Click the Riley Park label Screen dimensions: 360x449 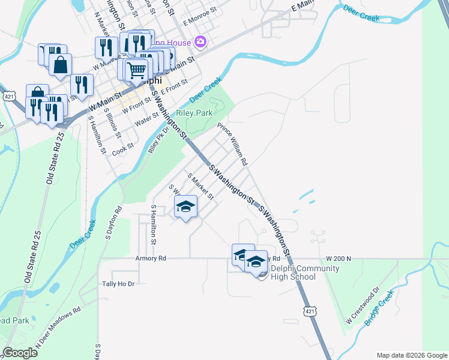pos(195,113)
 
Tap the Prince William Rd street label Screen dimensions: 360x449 pos(232,145)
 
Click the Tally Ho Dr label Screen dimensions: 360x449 pos(118,283)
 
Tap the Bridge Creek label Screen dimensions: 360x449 pos(379,308)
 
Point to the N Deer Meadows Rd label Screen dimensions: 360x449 pos(58,329)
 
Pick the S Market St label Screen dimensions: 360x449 pos(200,187)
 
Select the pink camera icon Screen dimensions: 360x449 pos(200,42)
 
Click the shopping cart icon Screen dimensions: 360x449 pos(137,70)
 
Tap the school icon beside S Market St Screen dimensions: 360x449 pos(186,207)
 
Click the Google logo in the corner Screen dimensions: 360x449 pos(20,353)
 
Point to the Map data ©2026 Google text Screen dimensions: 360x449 pos(411,355)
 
